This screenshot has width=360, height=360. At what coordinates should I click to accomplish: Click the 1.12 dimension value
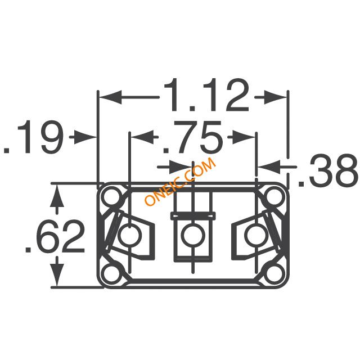click(x=206, y=95)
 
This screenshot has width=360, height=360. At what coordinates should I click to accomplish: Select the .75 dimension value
click(x=192, y=137)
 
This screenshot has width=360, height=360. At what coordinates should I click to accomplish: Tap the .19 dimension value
click(x=33, y=137)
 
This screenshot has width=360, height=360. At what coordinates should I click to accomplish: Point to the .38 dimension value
click(x=328, y=170)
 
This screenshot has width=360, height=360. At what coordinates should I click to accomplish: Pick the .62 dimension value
click(x=55, y=236)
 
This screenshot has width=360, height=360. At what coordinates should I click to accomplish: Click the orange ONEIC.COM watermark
click(x=180, y=181)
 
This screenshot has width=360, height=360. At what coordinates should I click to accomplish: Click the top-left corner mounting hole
click(x=112, y=196)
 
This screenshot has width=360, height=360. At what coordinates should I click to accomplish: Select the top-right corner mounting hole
click(x=274, y=196)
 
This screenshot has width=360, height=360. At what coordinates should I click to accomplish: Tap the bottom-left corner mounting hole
click(x=112, y=274)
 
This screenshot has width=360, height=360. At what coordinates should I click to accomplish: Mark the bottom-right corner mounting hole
click(x=274, y=274)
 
